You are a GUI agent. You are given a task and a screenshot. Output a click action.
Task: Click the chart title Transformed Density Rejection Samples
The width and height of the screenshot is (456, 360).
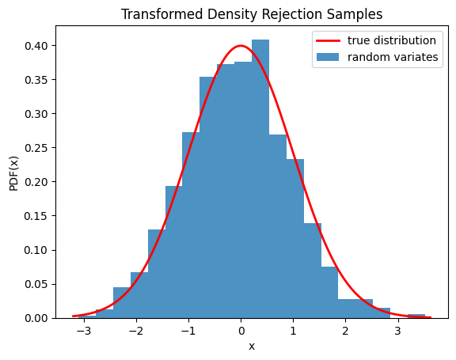point(252,14)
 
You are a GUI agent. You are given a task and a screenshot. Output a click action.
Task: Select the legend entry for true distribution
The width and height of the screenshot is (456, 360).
point(392,40)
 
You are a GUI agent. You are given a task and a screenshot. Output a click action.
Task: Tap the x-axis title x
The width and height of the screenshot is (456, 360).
point(252,346)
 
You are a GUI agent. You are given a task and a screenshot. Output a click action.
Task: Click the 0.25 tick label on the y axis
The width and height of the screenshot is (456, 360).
point(36,148)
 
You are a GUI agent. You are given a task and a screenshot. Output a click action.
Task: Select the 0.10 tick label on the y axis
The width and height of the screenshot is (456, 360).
point(36,250)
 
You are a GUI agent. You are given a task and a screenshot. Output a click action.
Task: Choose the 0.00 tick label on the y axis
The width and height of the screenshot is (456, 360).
point(36,318)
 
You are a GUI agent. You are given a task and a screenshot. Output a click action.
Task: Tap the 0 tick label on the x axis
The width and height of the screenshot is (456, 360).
point(241,332)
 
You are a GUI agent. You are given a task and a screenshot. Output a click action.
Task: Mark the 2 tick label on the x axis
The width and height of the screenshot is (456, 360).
point(345,332)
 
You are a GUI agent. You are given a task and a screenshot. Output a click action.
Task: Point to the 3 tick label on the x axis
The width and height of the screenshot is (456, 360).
point(397,332)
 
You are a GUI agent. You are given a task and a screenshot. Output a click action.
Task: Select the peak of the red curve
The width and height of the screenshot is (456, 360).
point(241,46)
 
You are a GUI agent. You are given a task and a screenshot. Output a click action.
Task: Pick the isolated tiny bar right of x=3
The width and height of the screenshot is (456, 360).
point(416,316)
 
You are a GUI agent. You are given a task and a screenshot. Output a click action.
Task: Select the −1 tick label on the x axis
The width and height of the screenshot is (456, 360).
point(187,332)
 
